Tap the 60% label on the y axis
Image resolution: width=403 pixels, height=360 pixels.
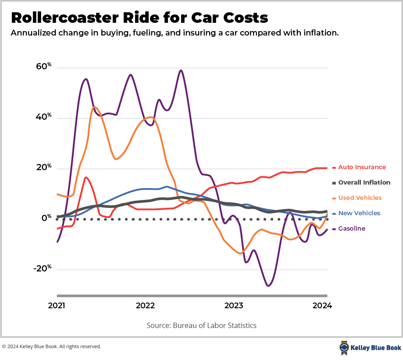coord(43,67)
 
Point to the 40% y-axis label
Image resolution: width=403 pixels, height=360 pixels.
coord(43,117)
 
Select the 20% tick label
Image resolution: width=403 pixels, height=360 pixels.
coord(43,168)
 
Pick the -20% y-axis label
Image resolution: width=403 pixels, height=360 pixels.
coord(42,268)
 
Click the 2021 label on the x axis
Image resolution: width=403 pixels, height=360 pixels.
coord(57,306)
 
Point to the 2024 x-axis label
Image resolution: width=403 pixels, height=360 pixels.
coord(323,306)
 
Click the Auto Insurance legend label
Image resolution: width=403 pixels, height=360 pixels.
coord(362,167)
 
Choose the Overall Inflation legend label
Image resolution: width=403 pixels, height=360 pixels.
coord(364,182)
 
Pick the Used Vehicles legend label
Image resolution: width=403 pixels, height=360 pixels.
coord(360,198)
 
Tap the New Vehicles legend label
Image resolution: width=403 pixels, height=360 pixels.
coord(359,213)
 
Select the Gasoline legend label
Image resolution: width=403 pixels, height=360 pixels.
coord(351,228)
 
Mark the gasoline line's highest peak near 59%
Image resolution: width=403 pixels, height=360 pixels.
coord(181,70)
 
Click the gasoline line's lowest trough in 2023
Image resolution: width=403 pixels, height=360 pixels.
coord(268,286)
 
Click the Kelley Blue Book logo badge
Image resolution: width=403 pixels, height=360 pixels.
coord(344,348)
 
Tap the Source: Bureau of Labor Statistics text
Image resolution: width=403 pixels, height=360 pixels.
coord(201,325)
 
